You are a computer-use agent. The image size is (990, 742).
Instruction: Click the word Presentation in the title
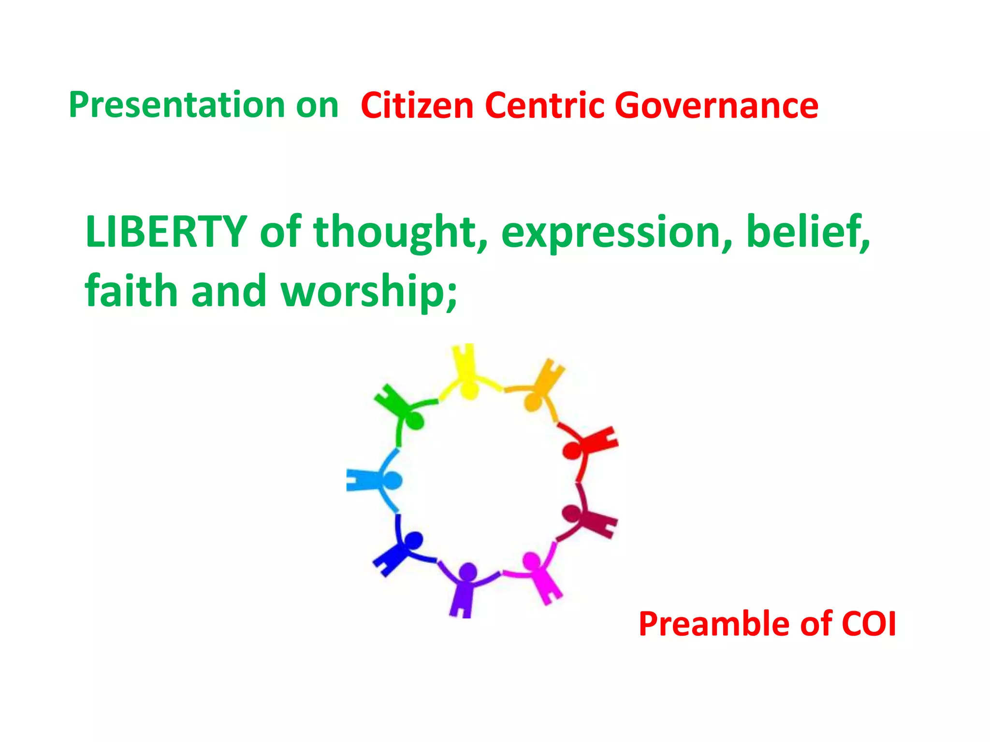coord(176,105)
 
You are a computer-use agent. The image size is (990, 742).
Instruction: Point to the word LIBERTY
coord(166,232)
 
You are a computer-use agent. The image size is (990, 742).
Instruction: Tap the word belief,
coord(808,232)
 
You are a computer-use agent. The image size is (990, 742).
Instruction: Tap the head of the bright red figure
coord(572,451)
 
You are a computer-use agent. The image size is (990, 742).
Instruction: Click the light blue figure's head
coord(392,480)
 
